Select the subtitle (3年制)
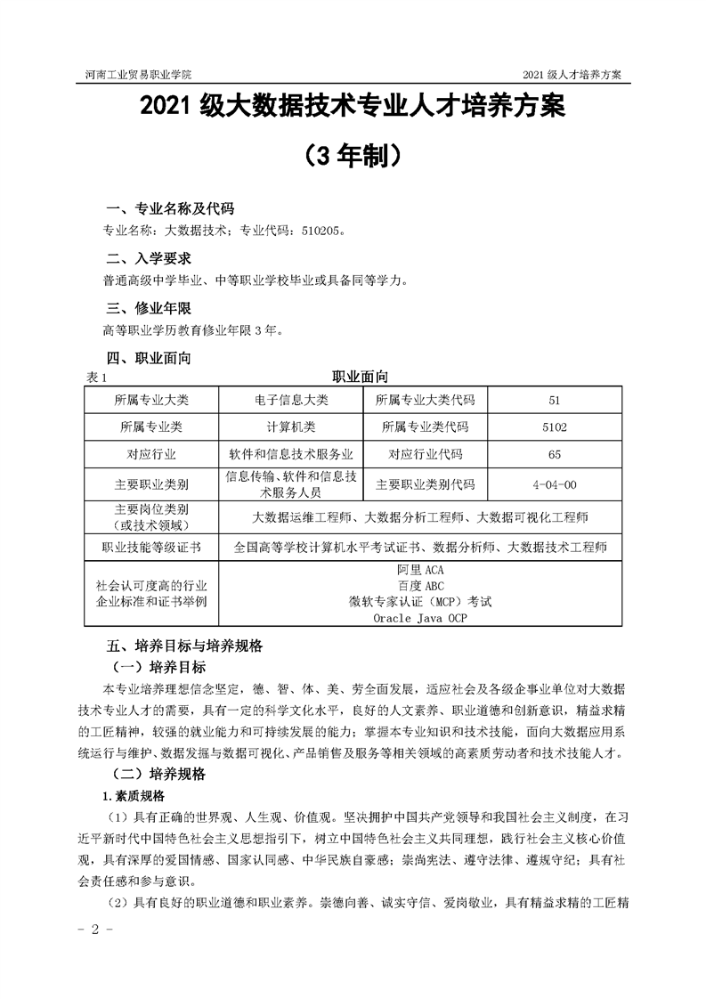[x=353, y=156]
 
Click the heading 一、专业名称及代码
[x=170, y=209]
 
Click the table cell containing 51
[x=555, y=400]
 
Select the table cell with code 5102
[x=555, y=426]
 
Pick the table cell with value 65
[x=555, y=454]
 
